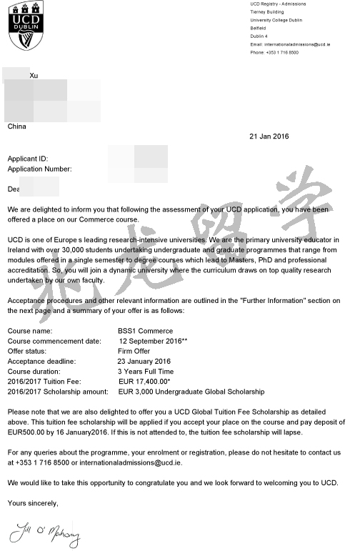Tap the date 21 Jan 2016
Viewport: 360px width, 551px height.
pyautogui.click(x=269, y=136)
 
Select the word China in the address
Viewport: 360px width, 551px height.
pyautogui.click(x=16, y=126)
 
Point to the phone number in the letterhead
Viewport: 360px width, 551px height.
pyautogui.click(x=274, y=52)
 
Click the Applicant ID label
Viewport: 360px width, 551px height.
pyautogui.click(x=28, y=158)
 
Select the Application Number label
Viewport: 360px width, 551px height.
pyautogui.click(x=39, y=169)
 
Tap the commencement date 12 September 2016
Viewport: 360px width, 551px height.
pyautogui.click(x=153, y=341)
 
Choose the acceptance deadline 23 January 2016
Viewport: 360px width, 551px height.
pyautogui.click(x=144, y=362)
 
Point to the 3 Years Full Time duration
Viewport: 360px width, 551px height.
pyautogui.click(x=146, y=372)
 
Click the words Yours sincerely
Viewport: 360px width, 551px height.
pyautogui.click(x=33, y=503)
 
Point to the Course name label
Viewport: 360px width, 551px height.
pyautogui.click(x=29, y=331)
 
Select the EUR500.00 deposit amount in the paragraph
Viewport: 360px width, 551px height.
pyautogui.click(x=28, y=432)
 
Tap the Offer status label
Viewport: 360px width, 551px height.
pyautogui.click(x=28, y=351)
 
